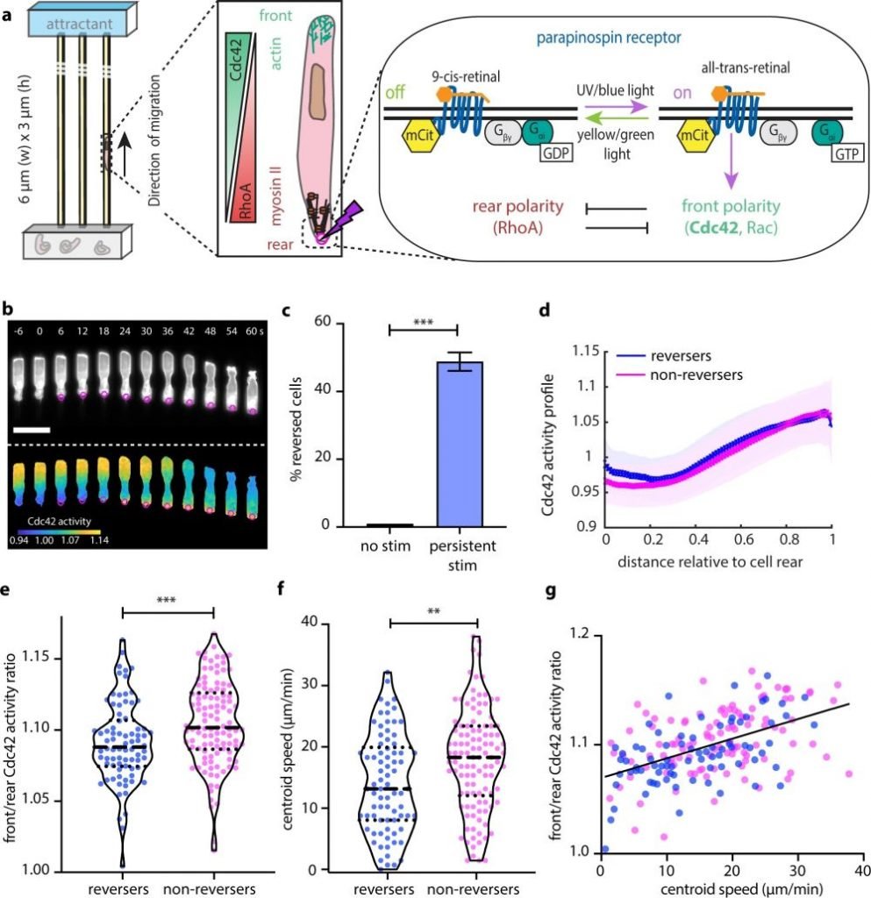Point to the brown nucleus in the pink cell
click(x=325, y=96)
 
